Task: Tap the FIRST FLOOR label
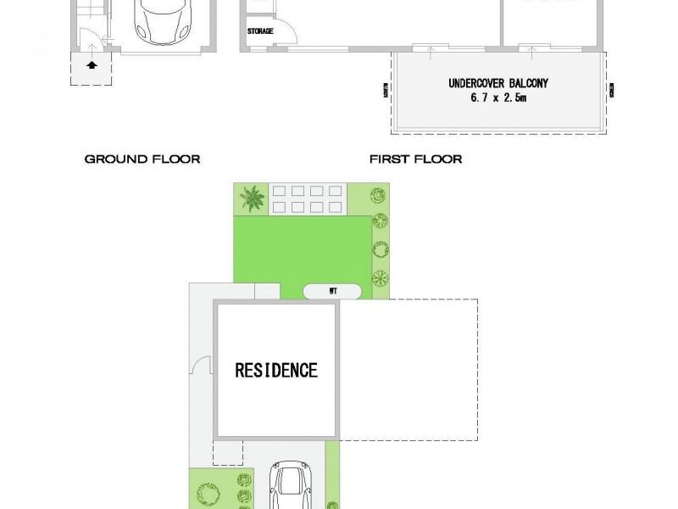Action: pyautogui.click(x=416, y=159)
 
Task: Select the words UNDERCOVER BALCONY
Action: pyautogui.click(x=498, y=83)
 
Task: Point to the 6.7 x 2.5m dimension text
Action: pyautogui.click(x=498, y=98)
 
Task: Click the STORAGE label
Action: pyautogui.click(x=260, y=31)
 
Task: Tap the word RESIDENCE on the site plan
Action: pyautogui.click(x=276, y=371)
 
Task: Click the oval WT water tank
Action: pyautogui.click(x=333, y=291)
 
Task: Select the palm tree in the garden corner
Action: pyautogui.click(x=251, y=200)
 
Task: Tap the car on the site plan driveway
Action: pyautogui.click(x=291, y=489)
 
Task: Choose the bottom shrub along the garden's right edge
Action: pyautogui.click(x=380, y=278)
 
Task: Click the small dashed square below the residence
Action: pyautogui.click(x=227, y=452)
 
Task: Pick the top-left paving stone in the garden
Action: pyautogui.click(x=276, y=193)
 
